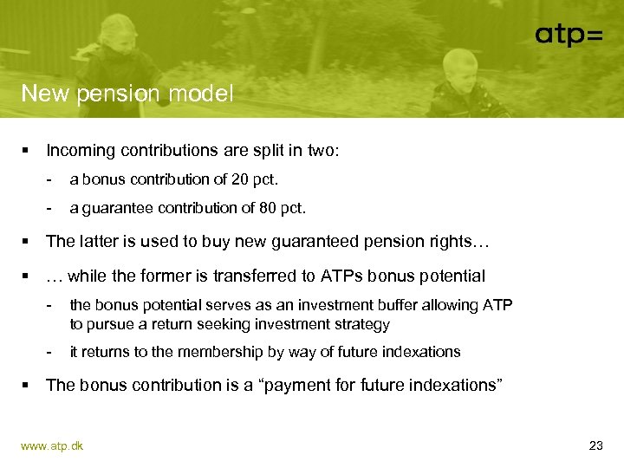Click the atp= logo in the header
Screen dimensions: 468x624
569,35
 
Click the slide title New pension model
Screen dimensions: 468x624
127,94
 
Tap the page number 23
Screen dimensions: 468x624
595,445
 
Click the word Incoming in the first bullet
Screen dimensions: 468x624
81,151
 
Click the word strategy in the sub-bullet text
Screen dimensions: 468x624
361,324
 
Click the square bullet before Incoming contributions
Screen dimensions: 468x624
26,151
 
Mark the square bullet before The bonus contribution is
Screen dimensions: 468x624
26,386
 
